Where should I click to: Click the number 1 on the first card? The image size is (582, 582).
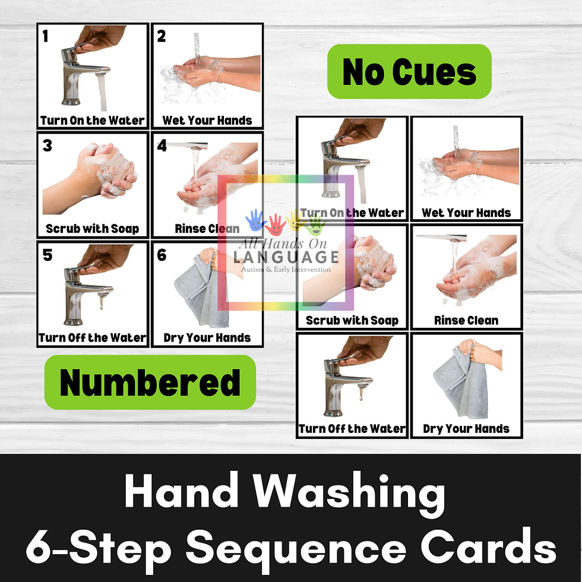(45, 36)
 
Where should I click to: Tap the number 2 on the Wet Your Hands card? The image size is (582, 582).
(161, 36)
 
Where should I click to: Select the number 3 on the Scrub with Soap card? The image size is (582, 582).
(47, 145)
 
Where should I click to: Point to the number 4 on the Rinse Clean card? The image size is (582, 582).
(162, 145)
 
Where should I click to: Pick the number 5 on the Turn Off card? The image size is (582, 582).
(47, 255)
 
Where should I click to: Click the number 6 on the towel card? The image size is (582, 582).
(162, 255)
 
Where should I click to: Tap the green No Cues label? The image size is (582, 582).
(409, 72)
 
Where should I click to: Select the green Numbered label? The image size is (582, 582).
(150, 382)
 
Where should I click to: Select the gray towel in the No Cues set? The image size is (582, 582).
(461, 382)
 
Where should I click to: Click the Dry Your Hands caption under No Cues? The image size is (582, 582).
(466, 429)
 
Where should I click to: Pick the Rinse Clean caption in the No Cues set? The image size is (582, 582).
(466, 320)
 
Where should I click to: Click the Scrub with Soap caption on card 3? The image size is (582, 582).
(93, 229)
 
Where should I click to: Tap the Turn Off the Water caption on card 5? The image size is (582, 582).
(93, 337)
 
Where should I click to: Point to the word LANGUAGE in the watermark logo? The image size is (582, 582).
(286, 257)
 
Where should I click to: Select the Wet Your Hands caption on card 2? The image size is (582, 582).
(207, 120)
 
